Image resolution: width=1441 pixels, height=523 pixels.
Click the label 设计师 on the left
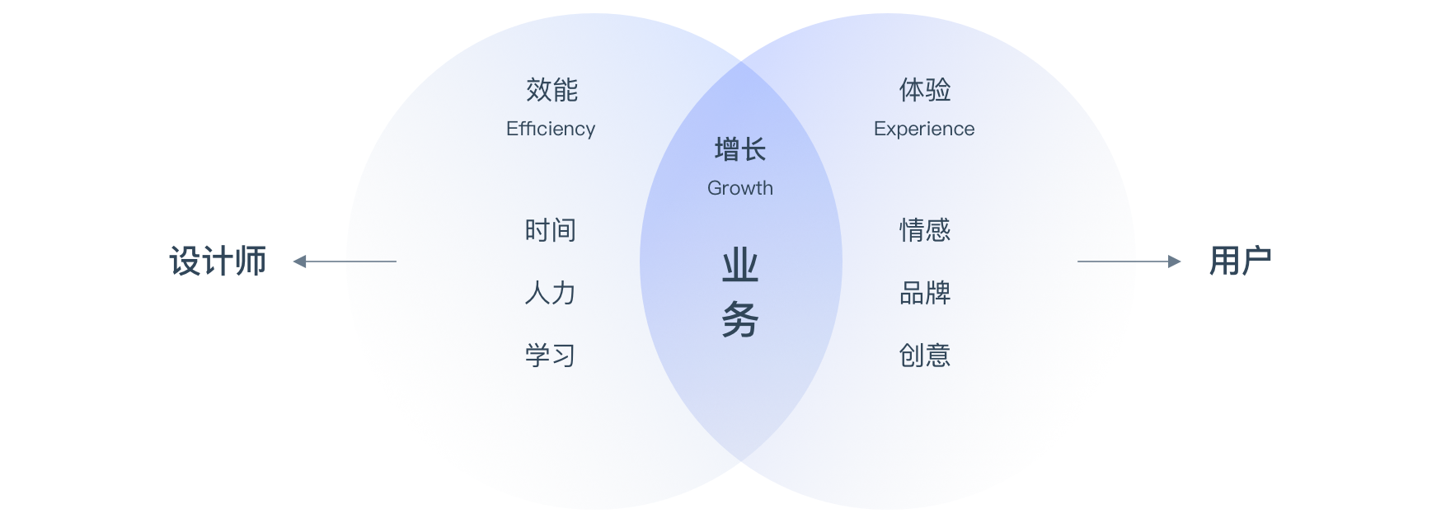(x=218, y=261)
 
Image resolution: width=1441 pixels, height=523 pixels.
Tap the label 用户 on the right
(x=1240, y=261)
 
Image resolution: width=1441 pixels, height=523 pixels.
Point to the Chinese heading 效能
(x=552, y=90)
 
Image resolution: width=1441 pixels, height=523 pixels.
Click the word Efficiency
(x=551, y=129)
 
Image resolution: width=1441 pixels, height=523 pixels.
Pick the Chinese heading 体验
(x=925, y=90)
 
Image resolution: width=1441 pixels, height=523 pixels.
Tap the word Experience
(x=924, y=129)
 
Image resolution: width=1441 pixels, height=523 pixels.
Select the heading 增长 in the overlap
(x=740, y=149)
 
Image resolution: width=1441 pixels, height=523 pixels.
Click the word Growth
(x=740, y=188)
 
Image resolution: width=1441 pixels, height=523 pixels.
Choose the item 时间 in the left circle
(x=551, y=230)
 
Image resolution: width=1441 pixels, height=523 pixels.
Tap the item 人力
(x=551, y=293)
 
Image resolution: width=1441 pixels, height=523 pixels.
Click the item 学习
(x=551, y=356)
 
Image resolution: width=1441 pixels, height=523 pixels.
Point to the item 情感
(x=925, y=230)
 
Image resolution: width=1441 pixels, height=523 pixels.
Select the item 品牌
(x=925, y=293)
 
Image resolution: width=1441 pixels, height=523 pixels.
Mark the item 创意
(x=925, y=356)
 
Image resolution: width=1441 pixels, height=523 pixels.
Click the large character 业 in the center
(x=740, y=266)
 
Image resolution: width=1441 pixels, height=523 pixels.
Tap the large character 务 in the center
(x=740, y=319)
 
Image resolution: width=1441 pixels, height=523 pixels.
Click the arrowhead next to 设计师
(x=300, y=261)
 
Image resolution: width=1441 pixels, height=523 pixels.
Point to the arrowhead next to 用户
(x=1174, y=261)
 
